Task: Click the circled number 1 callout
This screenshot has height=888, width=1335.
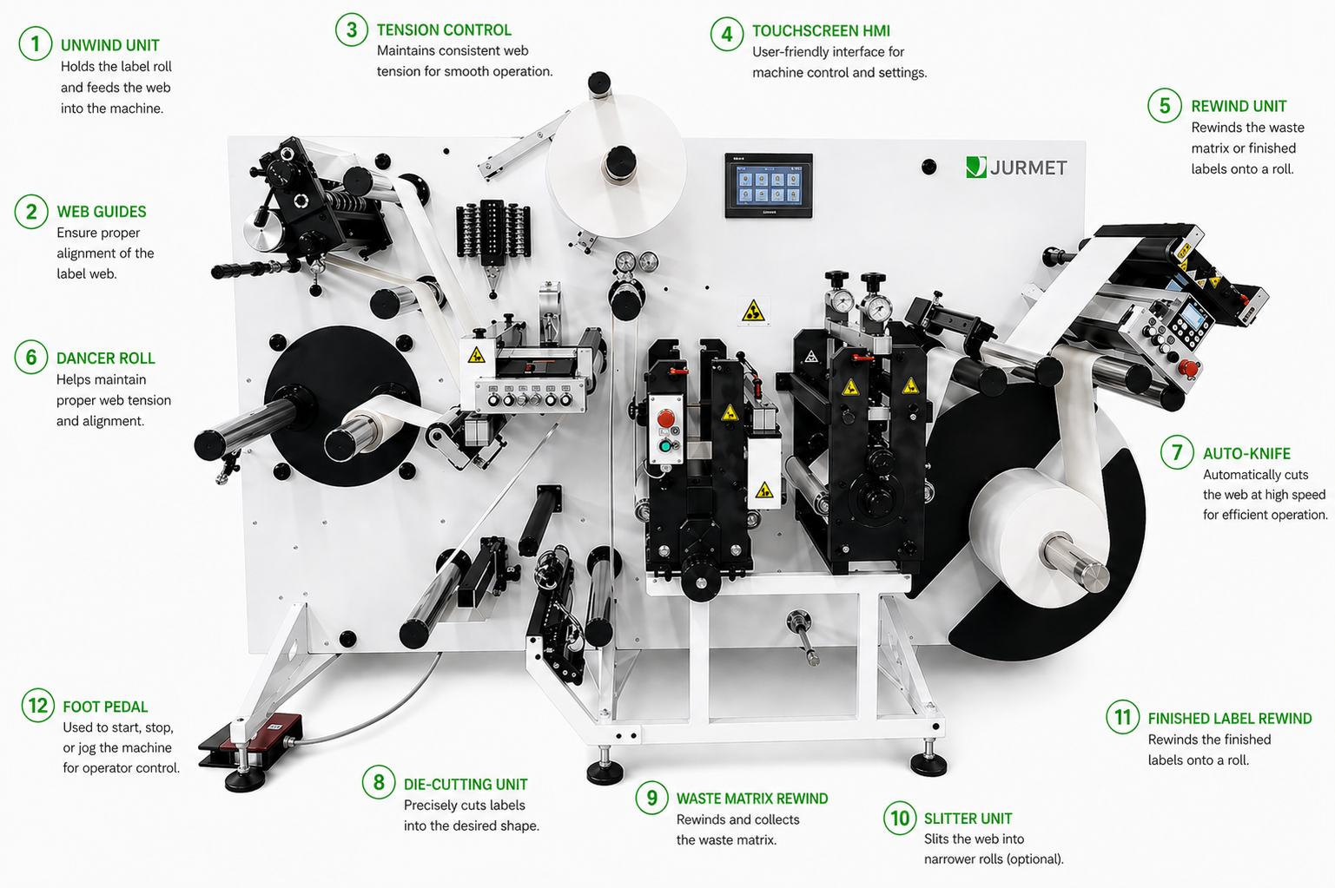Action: click(35, 44)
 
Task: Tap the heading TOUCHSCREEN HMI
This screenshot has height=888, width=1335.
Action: click(821, 31)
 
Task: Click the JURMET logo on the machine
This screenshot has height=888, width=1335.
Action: click(1017, 168)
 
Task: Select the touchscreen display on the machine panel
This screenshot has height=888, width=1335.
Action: click(768, 186)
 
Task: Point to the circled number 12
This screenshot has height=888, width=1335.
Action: click(38, 706)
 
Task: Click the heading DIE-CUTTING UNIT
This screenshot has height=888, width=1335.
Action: click(466, 785)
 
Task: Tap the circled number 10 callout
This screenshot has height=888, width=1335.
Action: click(900, 818)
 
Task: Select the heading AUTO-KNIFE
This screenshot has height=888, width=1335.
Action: click(1246, 454)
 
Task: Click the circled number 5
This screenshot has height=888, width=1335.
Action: click(1165, 106)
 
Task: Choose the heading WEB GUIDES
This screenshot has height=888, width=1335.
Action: click(102, 212)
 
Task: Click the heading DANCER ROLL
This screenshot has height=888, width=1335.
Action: click(105, 358)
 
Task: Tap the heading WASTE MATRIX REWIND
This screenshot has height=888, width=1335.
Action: click(752, 799)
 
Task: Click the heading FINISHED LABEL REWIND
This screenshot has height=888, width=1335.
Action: click(1230, 719)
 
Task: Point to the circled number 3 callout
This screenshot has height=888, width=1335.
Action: click(352, 30)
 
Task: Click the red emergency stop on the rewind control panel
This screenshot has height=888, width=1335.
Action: click(1189, 368)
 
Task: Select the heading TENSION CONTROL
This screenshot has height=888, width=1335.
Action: click(444, 30)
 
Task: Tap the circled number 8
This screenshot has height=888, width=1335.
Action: click(379, 782)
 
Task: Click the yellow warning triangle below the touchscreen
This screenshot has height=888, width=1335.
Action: click(753, 311)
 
